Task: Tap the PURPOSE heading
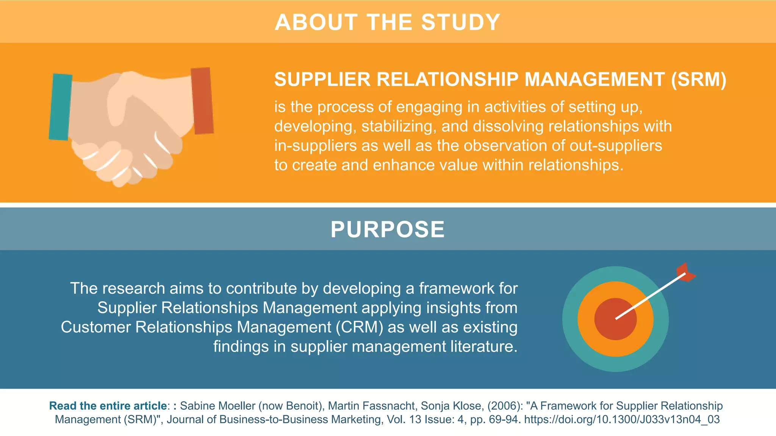pos(388,229)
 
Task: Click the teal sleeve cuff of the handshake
pos(60,107)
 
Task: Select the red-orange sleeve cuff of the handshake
pos(202,101)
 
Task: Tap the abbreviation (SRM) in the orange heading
pos(699,79)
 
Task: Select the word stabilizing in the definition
pos(396,126)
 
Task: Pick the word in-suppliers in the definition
pos(315,146)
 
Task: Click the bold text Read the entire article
pos(108,406)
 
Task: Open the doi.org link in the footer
pos(622,419)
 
